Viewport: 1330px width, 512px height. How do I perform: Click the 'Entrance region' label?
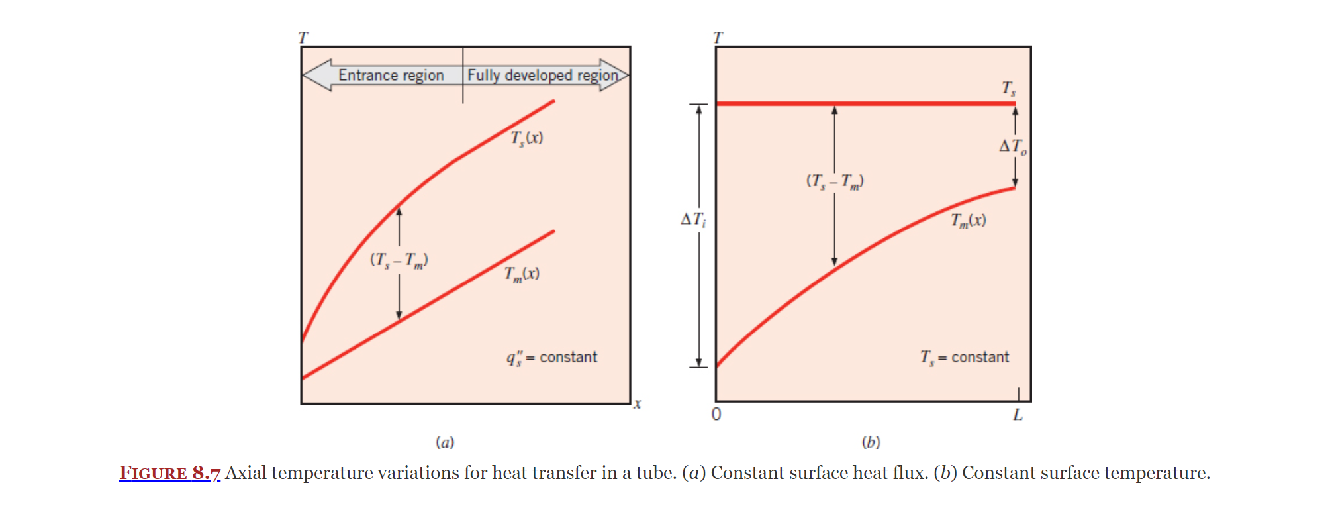pos(391,76)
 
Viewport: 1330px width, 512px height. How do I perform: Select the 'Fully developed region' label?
pos(542,76)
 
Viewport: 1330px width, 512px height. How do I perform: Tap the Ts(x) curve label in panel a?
pos(527,138)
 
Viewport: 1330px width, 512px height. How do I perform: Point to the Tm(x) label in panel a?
pos(522,274)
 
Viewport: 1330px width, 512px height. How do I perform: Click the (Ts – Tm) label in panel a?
pos(399,260)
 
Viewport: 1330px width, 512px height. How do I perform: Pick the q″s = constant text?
pos(551,358)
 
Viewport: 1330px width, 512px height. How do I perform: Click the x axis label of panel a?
pos(637,403)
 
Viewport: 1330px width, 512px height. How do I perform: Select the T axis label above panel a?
pos(303,38)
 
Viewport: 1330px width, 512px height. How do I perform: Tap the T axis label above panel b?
pos(718,38)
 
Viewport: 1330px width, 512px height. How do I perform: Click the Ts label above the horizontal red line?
pos(1008,88)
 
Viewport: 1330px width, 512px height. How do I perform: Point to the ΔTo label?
pos(1012,146)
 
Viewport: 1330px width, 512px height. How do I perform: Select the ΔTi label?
pos(693,219)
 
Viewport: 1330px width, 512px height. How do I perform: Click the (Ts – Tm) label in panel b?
pos(834,181)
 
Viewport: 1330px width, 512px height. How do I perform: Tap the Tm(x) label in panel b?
pos(969,221)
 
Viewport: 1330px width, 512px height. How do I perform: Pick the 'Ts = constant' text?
pos(965,358)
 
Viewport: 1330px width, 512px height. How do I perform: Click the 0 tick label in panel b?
pos(716,415)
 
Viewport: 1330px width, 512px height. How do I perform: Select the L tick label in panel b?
pos(1018,415)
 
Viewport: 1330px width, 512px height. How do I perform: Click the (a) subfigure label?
pos(445,442)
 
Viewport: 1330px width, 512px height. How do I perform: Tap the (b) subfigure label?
pos(871,442)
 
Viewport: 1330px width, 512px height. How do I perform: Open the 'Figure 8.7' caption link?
pos(169,473)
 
